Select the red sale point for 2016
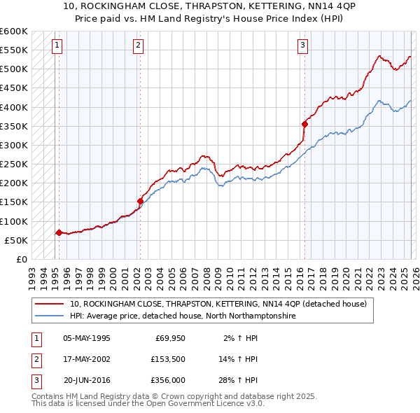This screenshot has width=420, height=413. pyautogui.click(x=304, y=124)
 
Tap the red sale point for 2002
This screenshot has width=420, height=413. pyautogui.click(x=141, y=201)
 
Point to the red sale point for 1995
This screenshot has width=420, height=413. pyautogui.click(x=58, y=232)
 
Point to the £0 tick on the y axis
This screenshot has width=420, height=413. pyautogui.click(x=21, y=259)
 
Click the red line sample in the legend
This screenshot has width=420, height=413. pyautogui.click(x=50, y=304)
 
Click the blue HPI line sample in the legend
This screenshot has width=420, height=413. pyautogui.click(x=50, y=316)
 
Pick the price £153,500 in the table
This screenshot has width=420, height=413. pyautogui.click(x=167, y=359)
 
